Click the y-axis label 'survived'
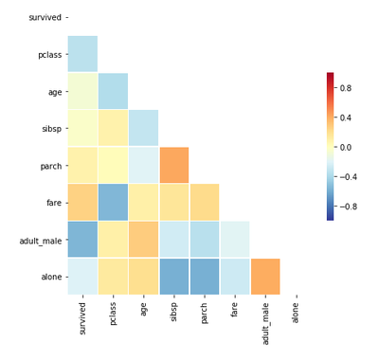point(45,17)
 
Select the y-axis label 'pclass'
point(48,54)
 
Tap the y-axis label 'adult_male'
point(40,240)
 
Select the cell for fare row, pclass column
point(112,203)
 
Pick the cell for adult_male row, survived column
point(81,240)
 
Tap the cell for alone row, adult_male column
point(265,277)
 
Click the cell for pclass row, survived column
point(81,54)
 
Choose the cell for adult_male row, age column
point(143,240)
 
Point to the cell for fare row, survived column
point(81,203)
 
